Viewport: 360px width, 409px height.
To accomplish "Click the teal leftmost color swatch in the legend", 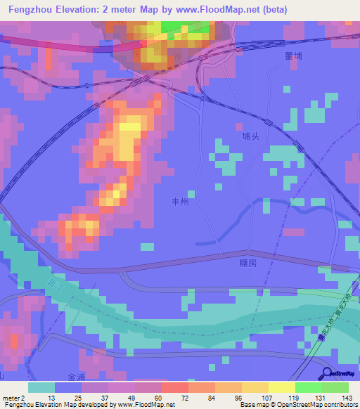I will coord(41,387).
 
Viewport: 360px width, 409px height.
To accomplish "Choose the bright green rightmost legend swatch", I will coord(335,387).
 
